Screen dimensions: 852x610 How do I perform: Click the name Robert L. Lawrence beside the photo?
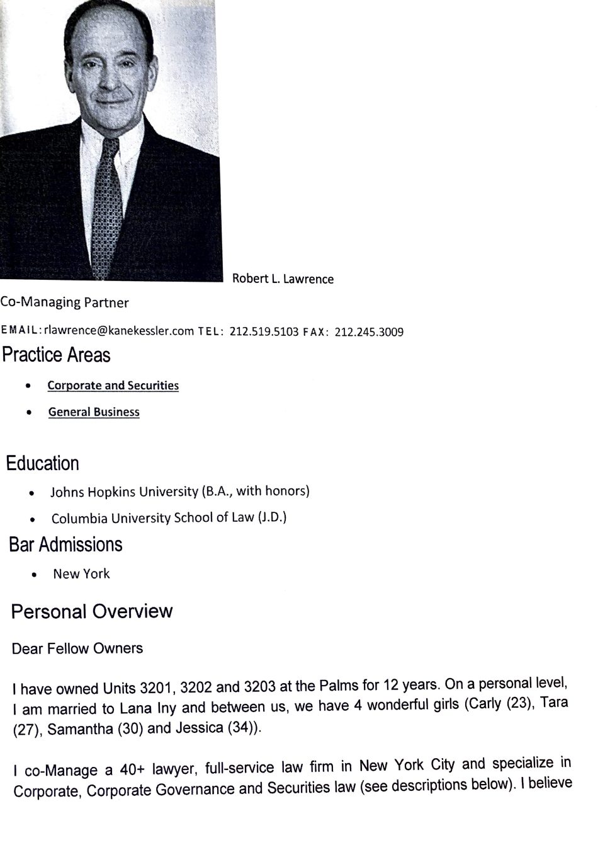coord(283,279)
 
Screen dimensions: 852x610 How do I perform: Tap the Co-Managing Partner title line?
coord(64,302)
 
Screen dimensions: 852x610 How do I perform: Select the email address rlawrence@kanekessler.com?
coord(119,331)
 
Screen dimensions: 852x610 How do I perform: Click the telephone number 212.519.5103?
coord(264,331)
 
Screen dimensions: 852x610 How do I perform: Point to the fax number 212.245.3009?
coord(369,331)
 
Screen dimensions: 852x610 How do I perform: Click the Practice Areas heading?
coord(56,355)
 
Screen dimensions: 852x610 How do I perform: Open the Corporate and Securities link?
coord(113,386)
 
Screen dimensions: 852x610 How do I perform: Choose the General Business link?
coord(94,412)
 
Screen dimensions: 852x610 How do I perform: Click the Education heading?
coord(43,463)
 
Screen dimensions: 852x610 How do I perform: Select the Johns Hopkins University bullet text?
coord(179,491)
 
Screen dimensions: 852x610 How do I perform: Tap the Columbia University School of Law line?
coord(169,518)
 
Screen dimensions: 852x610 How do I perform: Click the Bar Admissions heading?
coord(65,544)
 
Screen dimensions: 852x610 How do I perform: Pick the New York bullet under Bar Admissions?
coord(81,574)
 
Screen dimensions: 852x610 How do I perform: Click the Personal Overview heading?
coord(92,611)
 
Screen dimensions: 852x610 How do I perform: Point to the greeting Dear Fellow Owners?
coord(77,648)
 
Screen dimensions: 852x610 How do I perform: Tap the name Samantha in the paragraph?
coord(74,729)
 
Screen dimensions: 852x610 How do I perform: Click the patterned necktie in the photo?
coord(106,208)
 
